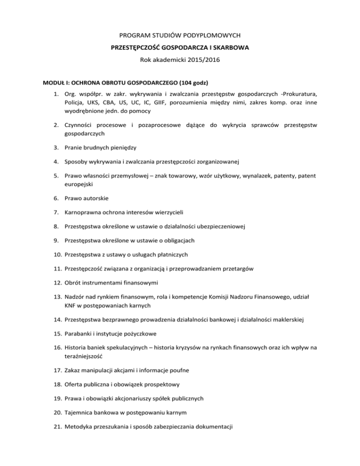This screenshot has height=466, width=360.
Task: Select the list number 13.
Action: click(x=57, y=297)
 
